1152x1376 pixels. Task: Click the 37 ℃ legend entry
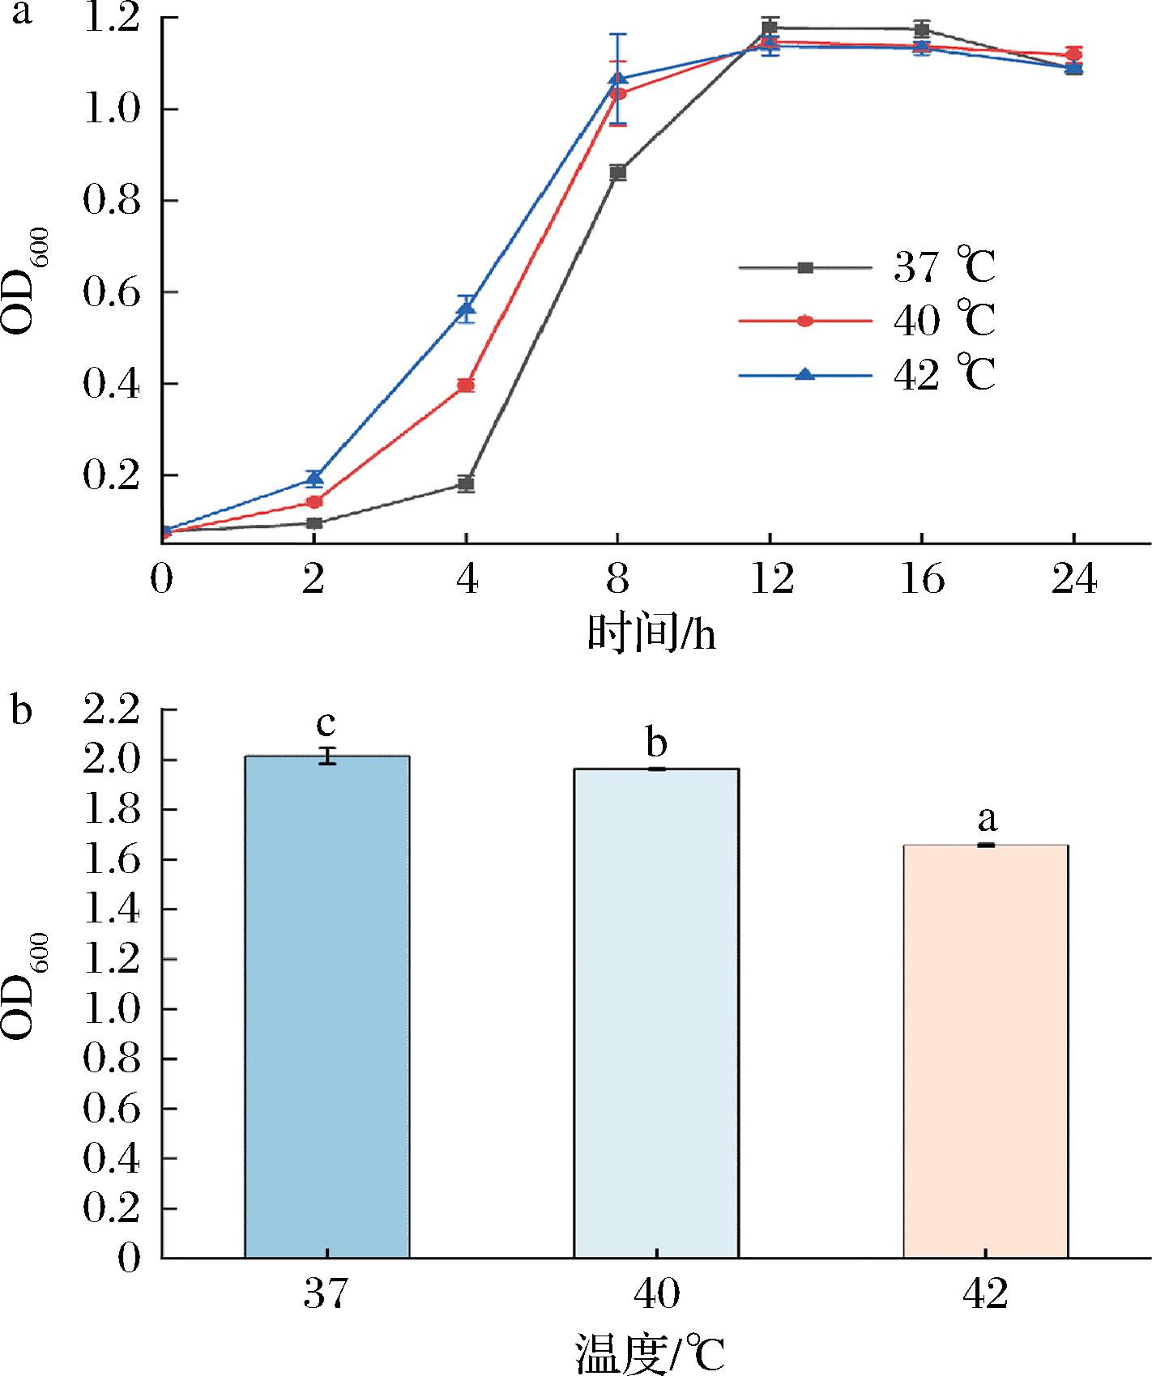tap(867, 268)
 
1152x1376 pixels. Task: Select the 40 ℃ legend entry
tap(867, 321)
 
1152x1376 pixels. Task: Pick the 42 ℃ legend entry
tap(867, 375)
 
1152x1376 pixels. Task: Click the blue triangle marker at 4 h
tap(466, 308)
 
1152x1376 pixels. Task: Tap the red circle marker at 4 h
tap(466, 386)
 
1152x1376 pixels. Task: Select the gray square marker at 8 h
tap(618, 173)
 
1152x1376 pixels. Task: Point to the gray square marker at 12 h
tap(770, 28)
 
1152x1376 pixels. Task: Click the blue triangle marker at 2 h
tap(314, 478)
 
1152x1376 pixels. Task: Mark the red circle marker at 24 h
tap(1073, 55)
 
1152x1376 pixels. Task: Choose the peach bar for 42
tap(985, 1061)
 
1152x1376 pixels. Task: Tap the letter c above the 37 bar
tap(326, 723)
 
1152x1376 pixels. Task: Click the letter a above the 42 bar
tap(987, 820)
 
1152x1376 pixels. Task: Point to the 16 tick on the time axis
tap(922, 580)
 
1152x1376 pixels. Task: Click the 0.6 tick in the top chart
tap(110, 292)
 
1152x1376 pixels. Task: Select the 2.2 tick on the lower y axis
tap(110, 710)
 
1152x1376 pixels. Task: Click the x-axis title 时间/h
tap(651, 635)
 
